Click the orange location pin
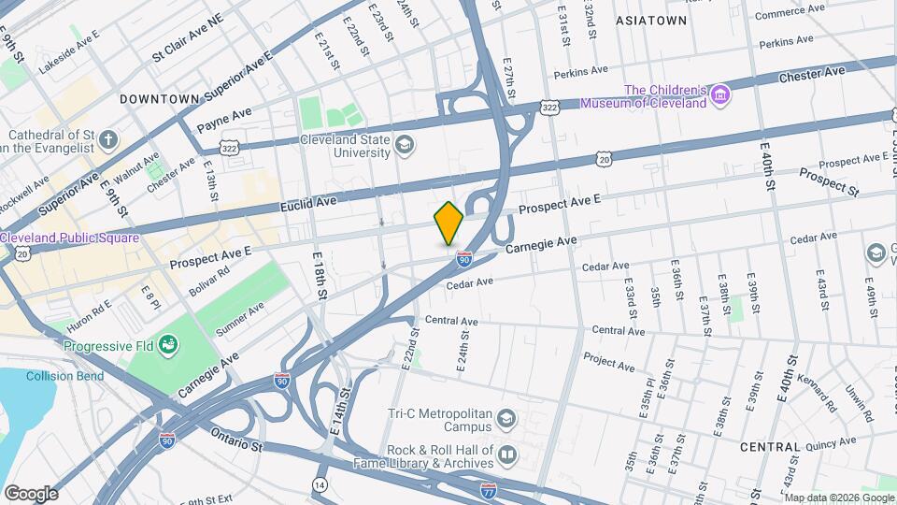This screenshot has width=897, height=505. click(x=448, y=223)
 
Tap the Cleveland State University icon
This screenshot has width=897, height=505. click(x=405, y=145)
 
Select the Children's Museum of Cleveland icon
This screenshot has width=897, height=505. click(x=719, y=95)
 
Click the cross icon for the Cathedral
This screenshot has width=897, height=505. click(x=108, y=141)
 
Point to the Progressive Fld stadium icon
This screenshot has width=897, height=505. click(x=168, y=346)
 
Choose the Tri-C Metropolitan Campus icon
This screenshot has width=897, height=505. click(x=506, y=416)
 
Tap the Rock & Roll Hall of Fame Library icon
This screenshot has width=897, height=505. click(x=506, y=455)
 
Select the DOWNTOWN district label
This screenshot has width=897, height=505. click(x=159, y=98)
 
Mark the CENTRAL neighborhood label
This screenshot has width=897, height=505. click(x=770, y=447)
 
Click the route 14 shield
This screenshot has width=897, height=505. click(x=320, y=484)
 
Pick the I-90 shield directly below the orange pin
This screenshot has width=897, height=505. click(x=463, y=257)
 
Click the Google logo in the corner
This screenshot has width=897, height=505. click(x=31, y=494)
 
